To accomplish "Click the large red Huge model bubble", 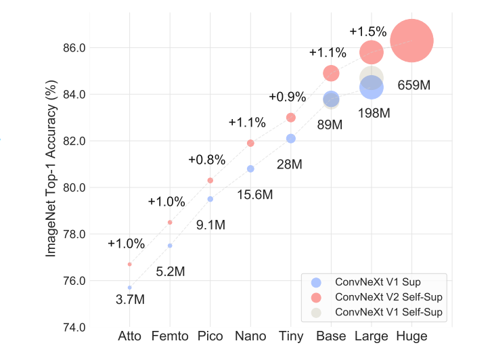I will (411, 41).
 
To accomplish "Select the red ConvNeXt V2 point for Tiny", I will (291, 117).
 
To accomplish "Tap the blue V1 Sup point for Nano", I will (250, 168).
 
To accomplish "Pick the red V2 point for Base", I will (331, 72).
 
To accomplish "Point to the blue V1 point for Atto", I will (129, 288).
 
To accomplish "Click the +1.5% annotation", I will (368, 31).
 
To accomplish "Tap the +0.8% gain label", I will (206, 160).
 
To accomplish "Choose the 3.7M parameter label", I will (129, 300).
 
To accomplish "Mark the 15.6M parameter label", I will (254, 195).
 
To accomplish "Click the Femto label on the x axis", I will (170, 336).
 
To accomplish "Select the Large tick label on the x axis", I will (371, 336).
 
